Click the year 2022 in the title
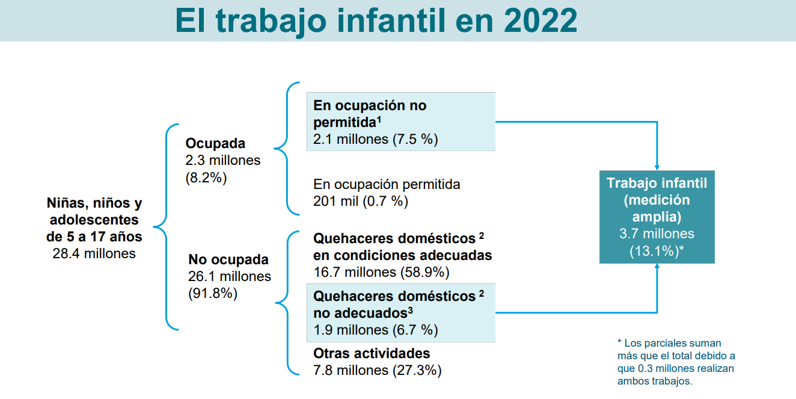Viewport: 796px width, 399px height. [x=540, y=20]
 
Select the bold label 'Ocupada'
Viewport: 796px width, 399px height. [x=215, y=143]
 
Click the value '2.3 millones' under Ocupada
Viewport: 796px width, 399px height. [x=223, y=160]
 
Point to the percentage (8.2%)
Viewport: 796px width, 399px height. [x=206, y=178]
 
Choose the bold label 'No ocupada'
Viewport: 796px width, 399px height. [x=228, y=259]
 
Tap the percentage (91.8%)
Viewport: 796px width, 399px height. [x=213, y=294]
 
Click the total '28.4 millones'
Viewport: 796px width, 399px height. [x=94, y=253]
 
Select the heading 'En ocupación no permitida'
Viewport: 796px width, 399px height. [x=370, y=114]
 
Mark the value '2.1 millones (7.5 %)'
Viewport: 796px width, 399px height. [x=376, y=139]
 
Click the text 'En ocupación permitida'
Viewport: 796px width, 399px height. [x=387, y=184]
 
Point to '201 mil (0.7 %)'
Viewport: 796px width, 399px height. [x=361, y=201]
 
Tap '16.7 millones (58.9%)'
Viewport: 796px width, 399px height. [x=381, y=273]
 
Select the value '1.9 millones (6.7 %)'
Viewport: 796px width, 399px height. [x=376, y=330]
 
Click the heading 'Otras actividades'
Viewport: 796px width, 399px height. [x=372, y=353]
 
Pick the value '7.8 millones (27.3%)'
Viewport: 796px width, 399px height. [x=378, y=371]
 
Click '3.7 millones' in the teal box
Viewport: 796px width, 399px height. [x=657, y=234]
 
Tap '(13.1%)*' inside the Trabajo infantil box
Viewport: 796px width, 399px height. [x=657, y=251]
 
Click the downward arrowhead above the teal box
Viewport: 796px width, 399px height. [x=657, y=167]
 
